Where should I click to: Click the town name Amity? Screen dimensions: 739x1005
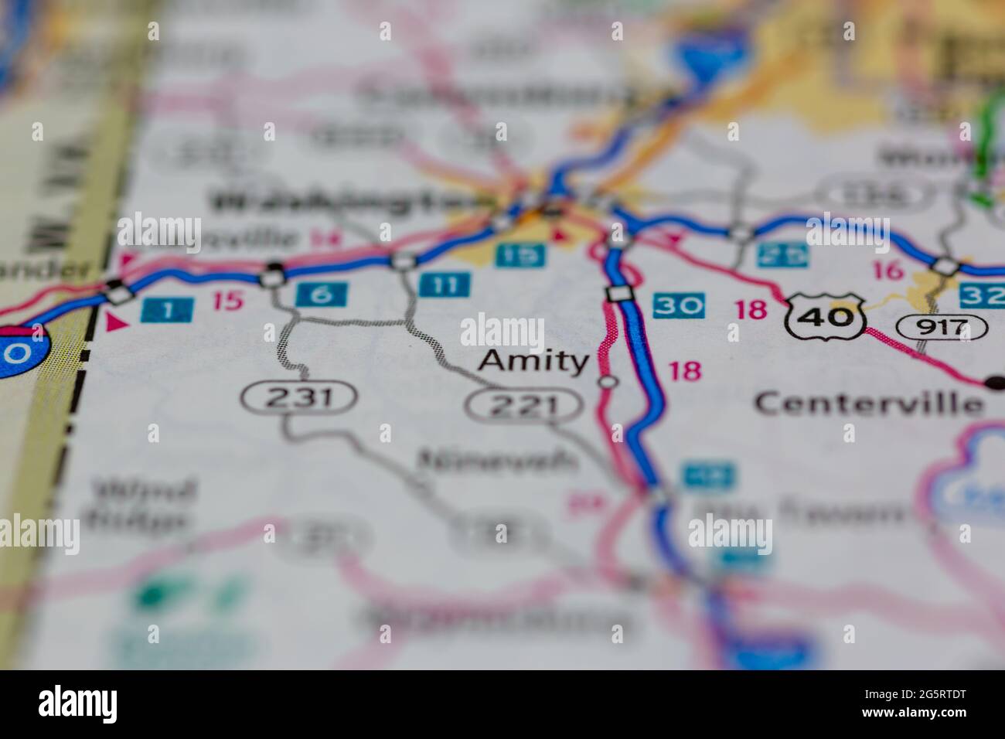point(533,361)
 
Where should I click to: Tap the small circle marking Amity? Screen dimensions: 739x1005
point(608,381)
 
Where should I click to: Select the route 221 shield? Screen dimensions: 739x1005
point(523,404)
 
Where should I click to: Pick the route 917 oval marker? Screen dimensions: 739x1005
point(942,328)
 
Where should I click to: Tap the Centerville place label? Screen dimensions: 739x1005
point(869,403)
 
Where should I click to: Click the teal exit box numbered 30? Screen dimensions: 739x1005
point(678,306)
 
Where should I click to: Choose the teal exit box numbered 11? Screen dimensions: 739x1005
point(445,284)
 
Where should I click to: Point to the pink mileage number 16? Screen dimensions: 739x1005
point(887,271)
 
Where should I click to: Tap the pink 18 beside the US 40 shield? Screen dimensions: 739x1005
point(751,309)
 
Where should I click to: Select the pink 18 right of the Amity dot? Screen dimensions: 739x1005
point(684,371)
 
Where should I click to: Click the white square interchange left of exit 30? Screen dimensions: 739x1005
point(617,294)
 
